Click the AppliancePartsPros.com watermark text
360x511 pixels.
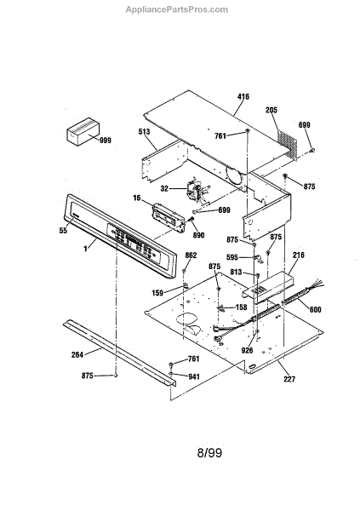pos(177,9)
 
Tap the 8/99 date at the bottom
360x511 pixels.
pos(209,453)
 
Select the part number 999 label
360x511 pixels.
pos(106,141)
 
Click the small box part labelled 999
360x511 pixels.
pos(83,132)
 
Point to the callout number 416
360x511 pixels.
pos(243,96)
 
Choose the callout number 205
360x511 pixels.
pos(271,110)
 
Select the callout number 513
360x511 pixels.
pos(144,131)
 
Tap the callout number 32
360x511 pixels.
pos(164,189)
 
